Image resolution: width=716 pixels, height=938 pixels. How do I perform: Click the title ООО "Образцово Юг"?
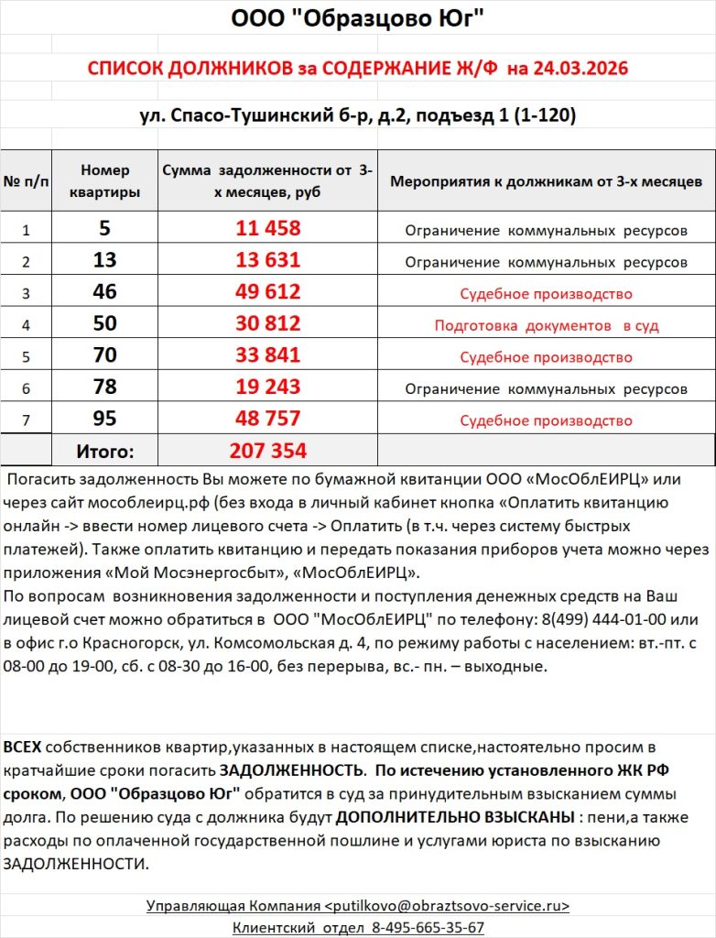pos(357,18)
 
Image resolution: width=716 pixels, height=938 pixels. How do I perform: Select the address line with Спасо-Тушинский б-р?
pos(357,116)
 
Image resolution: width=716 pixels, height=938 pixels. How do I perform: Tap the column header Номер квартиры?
pos(105,180)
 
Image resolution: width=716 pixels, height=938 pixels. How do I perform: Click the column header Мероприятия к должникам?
pos(546,180)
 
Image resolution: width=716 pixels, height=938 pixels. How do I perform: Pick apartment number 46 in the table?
pos(105,293)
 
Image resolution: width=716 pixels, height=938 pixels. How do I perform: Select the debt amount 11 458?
pos(267,229)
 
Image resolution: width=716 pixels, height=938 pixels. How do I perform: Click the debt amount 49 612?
pos(267,293)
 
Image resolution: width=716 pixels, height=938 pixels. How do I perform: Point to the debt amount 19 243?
pos(267,387)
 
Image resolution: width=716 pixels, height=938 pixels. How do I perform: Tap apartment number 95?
pos(105,420)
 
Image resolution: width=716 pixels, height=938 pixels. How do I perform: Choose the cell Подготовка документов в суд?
pos(546,325)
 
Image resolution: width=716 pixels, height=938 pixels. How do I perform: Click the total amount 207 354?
pos(267,451)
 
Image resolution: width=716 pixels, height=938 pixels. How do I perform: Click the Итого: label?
pos(105,451)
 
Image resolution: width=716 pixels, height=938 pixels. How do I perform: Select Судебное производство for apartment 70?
pos(546,357)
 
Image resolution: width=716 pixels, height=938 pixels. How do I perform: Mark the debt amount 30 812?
pos(267,325)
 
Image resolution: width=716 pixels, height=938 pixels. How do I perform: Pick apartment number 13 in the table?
pos(105,261)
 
